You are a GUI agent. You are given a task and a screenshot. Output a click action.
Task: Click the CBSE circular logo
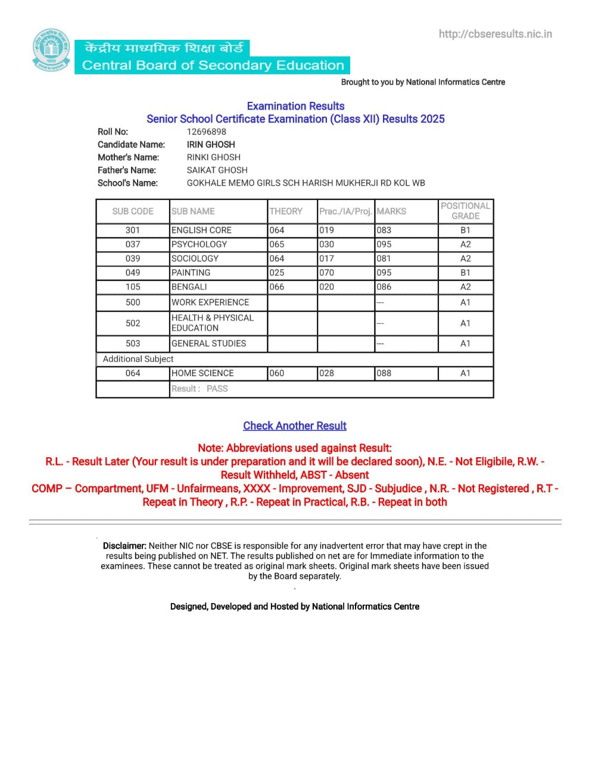pyautogui.click(x=51, y=50)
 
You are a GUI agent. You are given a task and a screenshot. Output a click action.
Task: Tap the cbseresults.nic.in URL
pyautogui.click(x=495, y=34)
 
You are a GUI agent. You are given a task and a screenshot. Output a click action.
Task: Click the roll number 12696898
pyautogui.click(x=206, y=132)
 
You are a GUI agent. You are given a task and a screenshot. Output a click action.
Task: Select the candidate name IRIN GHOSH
pyautogui.click(x=211, y=145)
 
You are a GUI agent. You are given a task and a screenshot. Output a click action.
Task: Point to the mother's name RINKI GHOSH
pyautogui.click(x=213, y=157)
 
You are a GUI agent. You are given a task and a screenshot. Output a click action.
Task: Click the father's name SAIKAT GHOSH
pyautogui.click(x=217, y=170)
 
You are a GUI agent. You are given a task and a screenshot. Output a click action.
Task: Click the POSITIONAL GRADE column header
pyautogui.click(x=465, y=211)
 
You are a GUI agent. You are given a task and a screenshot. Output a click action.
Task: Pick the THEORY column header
pyautogui.click(x=286, y=211)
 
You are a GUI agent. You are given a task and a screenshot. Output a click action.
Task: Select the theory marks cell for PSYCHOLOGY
pyautogui.click(x=277, y=244)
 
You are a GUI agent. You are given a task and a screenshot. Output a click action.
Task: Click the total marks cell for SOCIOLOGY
pyautogui.click(x=384, y=258)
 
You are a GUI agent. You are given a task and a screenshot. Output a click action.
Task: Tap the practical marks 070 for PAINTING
pyautogui.click(x=326, y=273)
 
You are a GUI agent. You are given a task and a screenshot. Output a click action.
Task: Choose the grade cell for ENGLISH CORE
pyautogui.click(x=465, y=230)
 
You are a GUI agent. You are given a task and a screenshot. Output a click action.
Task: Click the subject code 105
pyautogui.click(x=133, y=287)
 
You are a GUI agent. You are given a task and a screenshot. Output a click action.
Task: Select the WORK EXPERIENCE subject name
pyautogui.click(x=210, y=302)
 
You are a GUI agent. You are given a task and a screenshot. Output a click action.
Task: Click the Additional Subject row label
pyautogui.click(x=138, y=359)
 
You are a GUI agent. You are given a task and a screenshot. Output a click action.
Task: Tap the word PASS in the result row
pyautogui.click(x=217, y=389)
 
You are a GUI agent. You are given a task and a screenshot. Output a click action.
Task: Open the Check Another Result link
pyautogui.click(x=294, y=426)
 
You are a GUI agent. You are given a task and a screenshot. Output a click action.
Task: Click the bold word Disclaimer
pyautogui.click(x=124, y=545)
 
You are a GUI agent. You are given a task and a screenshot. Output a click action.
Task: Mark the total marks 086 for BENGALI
pyautogui.click(x=384, y=287)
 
